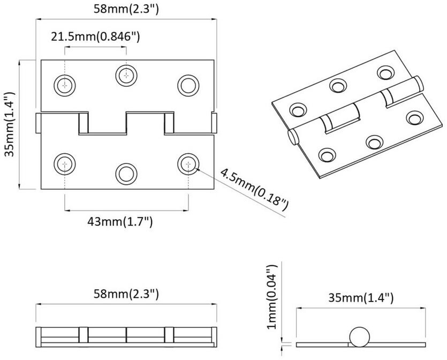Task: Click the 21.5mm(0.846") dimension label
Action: tap(95, 37)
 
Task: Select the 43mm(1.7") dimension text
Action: tap(120, 221)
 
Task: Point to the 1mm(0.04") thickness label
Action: tap(272, 297)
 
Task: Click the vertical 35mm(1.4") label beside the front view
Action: tap(11, 124)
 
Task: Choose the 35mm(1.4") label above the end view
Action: tap(361, 298)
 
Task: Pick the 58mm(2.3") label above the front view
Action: tap(126, 9)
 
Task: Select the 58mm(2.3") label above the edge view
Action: tap(126, 294)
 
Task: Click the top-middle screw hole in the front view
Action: tap(126, 76)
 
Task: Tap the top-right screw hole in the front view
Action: tap(188, 86)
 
